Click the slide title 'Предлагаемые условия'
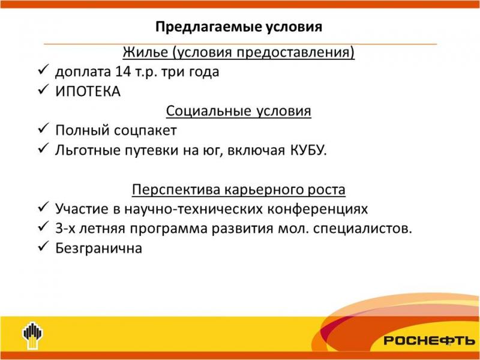(x=239, y=27)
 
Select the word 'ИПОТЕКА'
(x=88, y=92)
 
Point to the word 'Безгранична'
(x=98, y=248)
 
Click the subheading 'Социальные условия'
(x=238, y=111)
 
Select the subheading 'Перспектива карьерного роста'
(x=238, y=190)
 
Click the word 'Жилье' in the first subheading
(x=145, y=52)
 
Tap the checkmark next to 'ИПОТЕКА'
(x=43, y=89)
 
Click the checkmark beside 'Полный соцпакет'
(x=43, y=128)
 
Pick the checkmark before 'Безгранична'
(x=43, y=246)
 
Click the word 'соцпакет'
(x=145, y=131)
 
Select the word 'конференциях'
(x=317, y=209)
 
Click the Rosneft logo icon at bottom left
(x=32, y=335)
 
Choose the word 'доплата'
(x=83, y=72)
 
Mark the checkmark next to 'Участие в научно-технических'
(x=43, y=206)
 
